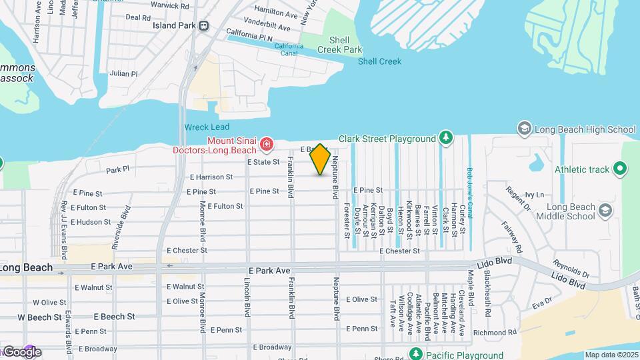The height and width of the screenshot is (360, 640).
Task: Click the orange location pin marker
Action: [321, 159]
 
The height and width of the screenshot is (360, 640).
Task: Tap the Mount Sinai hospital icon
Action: [266, 143]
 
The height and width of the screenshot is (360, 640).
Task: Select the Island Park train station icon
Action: [204, 26]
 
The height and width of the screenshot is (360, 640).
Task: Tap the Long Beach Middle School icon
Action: [605, 211]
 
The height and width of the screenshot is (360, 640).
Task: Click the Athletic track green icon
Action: [621, 169]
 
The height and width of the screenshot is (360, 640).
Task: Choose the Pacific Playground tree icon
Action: [417, 354]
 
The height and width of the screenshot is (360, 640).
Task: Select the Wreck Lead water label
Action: [207, 127]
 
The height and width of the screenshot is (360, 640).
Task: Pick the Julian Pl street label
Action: [123, 74]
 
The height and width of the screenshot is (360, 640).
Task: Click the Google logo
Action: [22, 352]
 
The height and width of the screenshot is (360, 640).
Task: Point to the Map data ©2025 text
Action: [611, 355]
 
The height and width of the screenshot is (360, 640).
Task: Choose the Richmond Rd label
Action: [495, 332]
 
